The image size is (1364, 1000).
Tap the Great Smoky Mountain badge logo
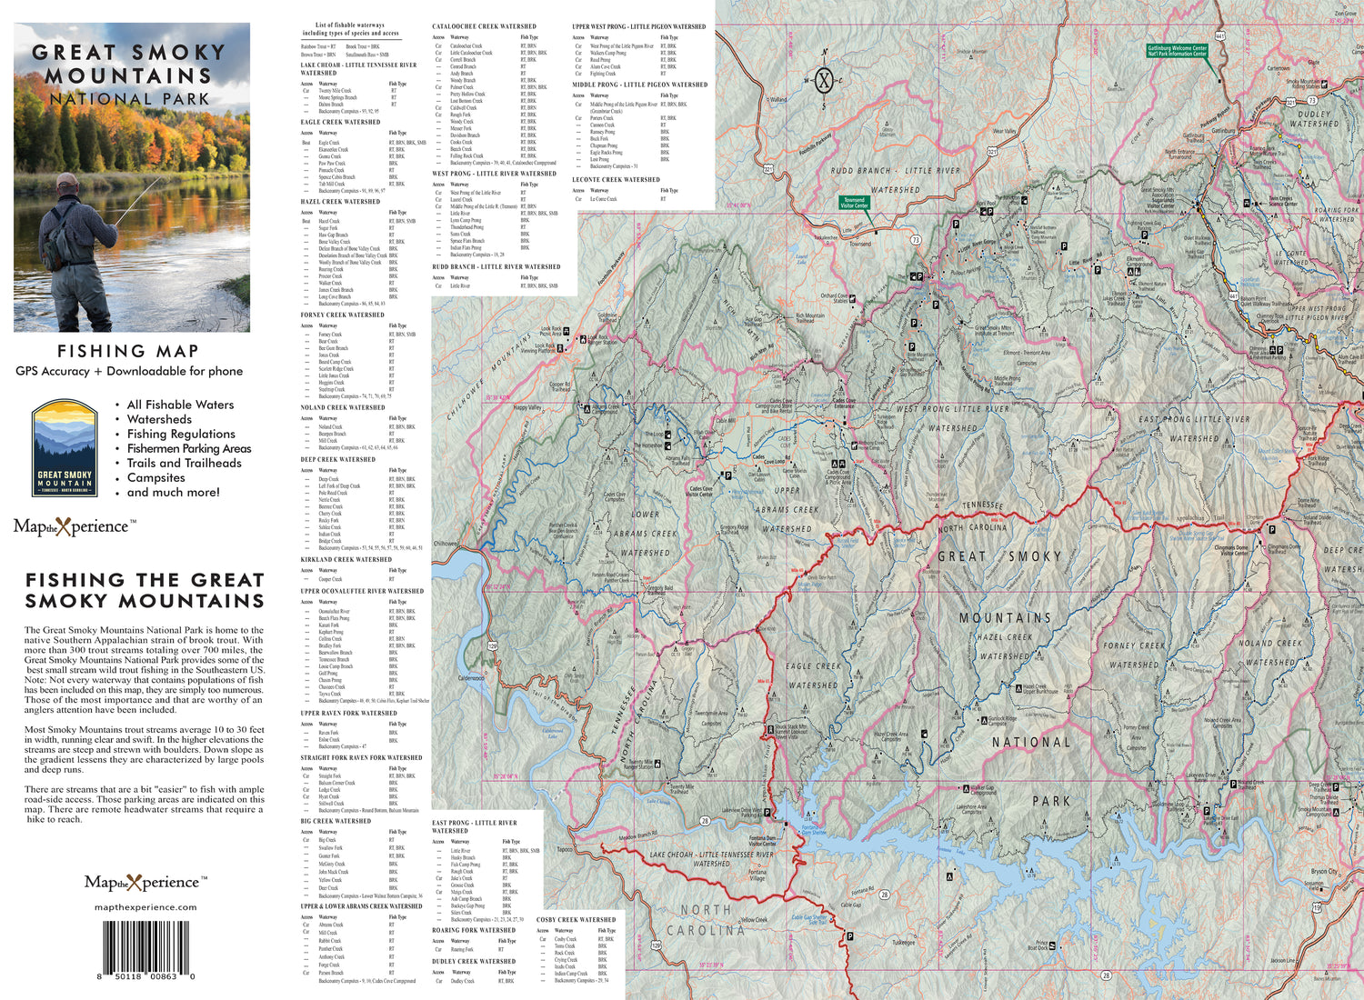coord(65,449)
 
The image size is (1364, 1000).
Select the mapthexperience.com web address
coord(145,907)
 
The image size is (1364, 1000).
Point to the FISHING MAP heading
coord(128,351)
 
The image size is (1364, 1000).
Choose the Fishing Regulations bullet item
coord(181,434)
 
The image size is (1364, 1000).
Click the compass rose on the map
coord(824,80)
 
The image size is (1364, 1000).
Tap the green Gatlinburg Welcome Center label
coord(1177,51)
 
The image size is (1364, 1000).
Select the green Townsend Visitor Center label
coord(854,203)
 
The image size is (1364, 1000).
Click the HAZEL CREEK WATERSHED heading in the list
coord(340,202)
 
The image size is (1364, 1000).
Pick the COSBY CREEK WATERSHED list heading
coord(576,919)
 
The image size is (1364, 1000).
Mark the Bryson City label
coord(1324,871)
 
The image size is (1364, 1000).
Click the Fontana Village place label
coord(757,875)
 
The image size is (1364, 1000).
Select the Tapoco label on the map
coord(565,850)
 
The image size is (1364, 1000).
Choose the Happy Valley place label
coord(527,407)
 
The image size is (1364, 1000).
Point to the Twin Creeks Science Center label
coord(1282,201)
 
